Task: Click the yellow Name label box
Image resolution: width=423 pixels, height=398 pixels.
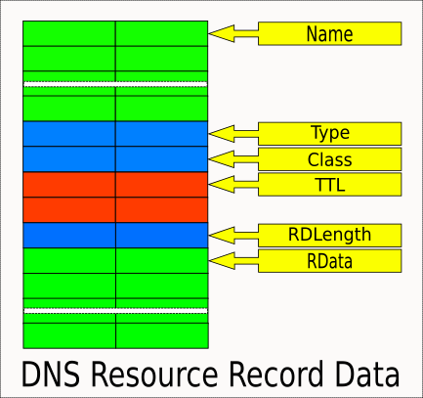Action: [x=329, y=33]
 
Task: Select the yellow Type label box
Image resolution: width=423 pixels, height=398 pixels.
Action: [x=329, y=134]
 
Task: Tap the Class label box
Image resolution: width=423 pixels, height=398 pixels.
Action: [x=329, y=159]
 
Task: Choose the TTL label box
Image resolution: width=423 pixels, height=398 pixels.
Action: [x=329, y=185]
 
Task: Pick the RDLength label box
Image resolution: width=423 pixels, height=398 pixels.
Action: [x=329, y=235]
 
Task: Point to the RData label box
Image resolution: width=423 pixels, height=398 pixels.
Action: [x=329, y=261]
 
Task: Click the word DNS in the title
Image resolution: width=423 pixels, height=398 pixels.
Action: [x=51, y=374]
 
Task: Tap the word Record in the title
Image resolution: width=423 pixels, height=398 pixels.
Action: [x=276, y=374]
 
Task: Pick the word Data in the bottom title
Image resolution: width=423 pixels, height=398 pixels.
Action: [x=367, y=374]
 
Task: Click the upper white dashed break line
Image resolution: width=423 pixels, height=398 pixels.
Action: [x=115, y=84]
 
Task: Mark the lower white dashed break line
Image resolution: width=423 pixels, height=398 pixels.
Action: [x=115, y=311]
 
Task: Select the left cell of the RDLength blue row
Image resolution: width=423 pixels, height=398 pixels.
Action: [x=69, y=235]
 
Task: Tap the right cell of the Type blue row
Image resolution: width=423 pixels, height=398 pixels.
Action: [x=162, y=134]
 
